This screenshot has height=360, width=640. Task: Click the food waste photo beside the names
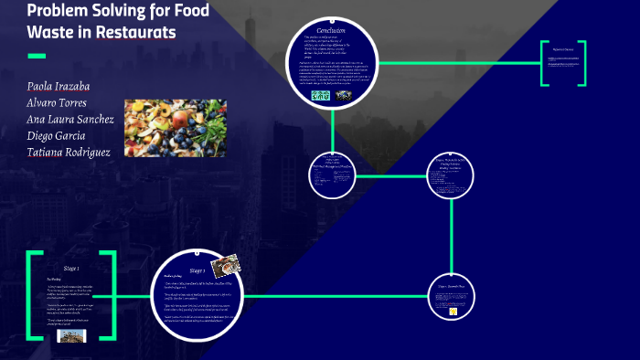(175, 128)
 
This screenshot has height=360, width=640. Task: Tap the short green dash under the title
(37, 57)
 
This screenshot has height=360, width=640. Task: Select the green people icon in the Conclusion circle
(319, 92)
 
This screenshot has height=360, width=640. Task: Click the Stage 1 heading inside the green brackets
(71, 269)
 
